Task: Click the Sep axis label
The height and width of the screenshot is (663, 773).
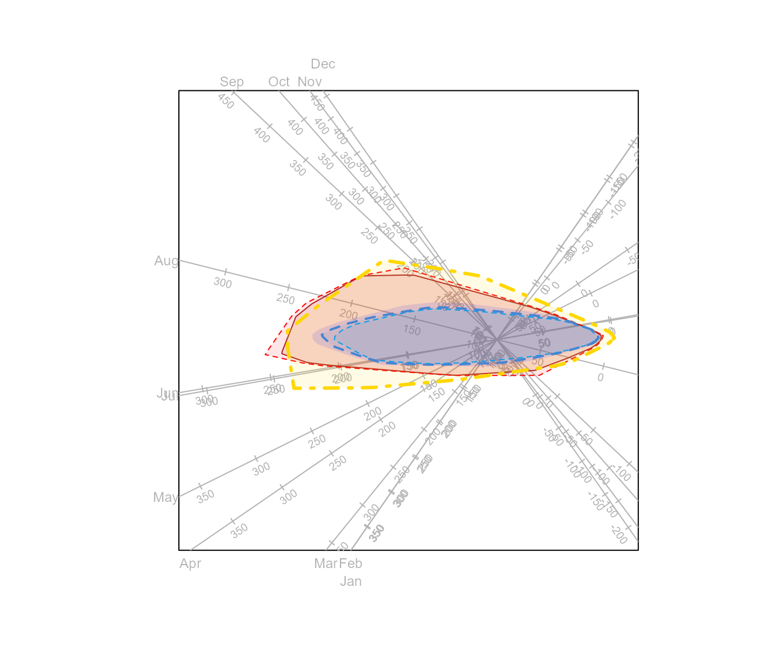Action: pyautogui.click(x=232, y=82)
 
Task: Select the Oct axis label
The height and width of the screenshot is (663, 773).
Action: pyautogui.click(x=279, y=82)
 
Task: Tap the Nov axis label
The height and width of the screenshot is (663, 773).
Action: pyautogui.click(x=309, y=82)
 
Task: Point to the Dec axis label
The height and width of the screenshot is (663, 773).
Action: pyautogui.click(x=323, y=64)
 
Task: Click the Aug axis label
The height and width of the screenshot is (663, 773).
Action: pyautogui.click(x=166, y=261)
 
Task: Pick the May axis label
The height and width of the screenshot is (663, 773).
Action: pyautogui.click(x=166, y=497)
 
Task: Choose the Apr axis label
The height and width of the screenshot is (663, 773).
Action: pyautogui.click(x=190, y=563)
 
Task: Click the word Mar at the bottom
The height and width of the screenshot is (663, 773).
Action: pyautogui.click(x=326, y=563)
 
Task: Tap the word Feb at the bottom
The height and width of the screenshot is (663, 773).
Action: pyautogui.click(x=350, y=563)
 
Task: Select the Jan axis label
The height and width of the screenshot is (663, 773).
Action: pyautogui.click(x=351, y=581)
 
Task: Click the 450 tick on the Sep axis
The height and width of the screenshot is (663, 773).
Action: pyautogui.click(x=226, y=101)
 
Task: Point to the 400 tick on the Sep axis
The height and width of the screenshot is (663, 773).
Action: pyautogui.click(x=262, y=135)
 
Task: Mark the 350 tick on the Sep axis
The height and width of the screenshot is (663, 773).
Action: pyautogui.click(x=297, y=168)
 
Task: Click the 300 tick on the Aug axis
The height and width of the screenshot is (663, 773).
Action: pyautogui.click(x=223, y=283)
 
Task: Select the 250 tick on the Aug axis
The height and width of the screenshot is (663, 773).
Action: pyautogui.click(x=285, y=299)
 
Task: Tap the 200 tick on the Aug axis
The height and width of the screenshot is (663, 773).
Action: pyautogui.click(x=349, y=315)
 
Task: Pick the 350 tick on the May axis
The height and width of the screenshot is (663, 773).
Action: pyautogui.click(x=205, y=496)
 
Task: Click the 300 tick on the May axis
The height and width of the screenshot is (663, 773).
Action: pyautogui.click(x=261, y=469)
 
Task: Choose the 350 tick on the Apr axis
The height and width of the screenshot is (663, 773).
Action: pyautogui.click(x=239, y=531)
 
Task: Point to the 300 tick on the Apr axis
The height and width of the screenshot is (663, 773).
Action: pyautogui.click(x=289, y=496)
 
